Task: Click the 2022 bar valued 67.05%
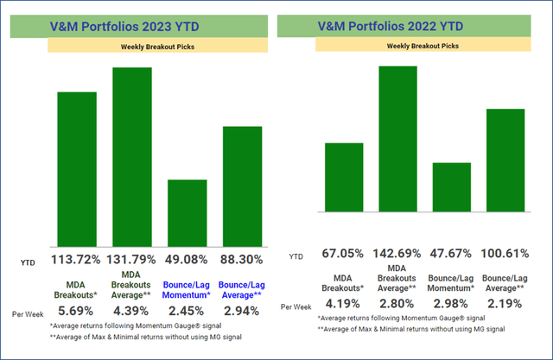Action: (343, 177)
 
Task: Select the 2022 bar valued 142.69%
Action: (398, 138)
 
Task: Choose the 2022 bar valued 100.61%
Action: (505, 160)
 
